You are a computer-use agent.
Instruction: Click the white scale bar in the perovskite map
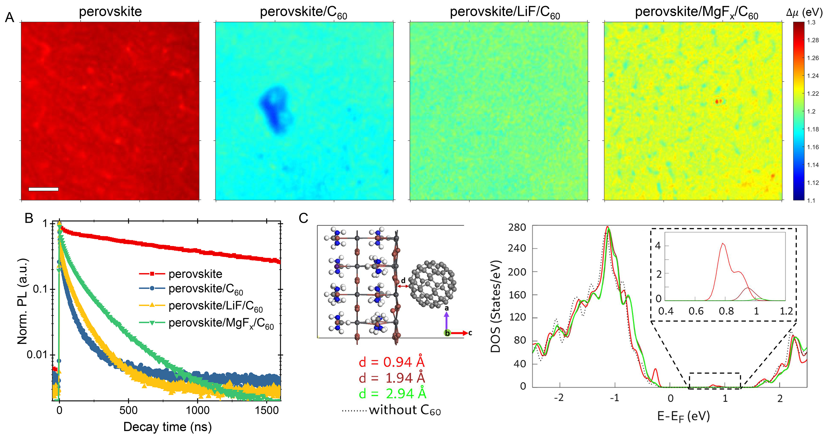pos(43,189)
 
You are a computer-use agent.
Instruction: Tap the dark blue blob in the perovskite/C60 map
pos(275,109)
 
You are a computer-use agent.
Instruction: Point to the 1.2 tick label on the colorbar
pos(811,112)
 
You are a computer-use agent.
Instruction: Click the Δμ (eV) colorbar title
pos(804,12)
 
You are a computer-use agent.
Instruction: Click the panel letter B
pos(29,218)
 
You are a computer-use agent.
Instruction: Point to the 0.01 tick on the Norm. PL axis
pos(37,355)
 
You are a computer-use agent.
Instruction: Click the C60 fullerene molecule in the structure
pos(432,285)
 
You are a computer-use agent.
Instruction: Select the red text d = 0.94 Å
pos(391,362)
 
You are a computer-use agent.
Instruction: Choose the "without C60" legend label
pos(404,410)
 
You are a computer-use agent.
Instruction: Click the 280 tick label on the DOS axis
pos(517,228)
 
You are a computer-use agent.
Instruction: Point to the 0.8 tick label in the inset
pos(726,311)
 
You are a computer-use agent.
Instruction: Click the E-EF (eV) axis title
pos(683,417)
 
